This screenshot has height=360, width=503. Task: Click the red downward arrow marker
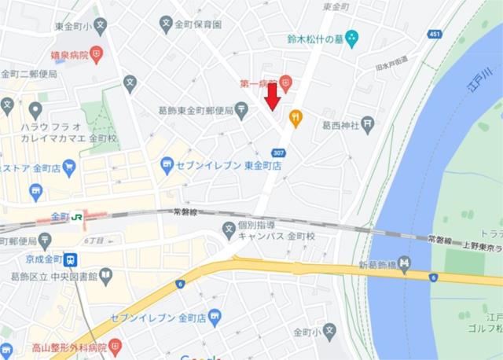pos(272,97)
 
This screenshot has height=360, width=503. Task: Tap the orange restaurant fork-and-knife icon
pos(296,119)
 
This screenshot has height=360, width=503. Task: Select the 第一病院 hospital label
pos(258,81)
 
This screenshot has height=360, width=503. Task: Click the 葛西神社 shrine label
pos(340,124)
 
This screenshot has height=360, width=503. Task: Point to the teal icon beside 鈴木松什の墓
pos(351,38)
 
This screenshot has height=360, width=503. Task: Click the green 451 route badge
pos(435,34)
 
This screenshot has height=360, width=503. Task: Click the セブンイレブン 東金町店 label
pos(229,166)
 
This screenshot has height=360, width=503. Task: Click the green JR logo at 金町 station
pos(78,217)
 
